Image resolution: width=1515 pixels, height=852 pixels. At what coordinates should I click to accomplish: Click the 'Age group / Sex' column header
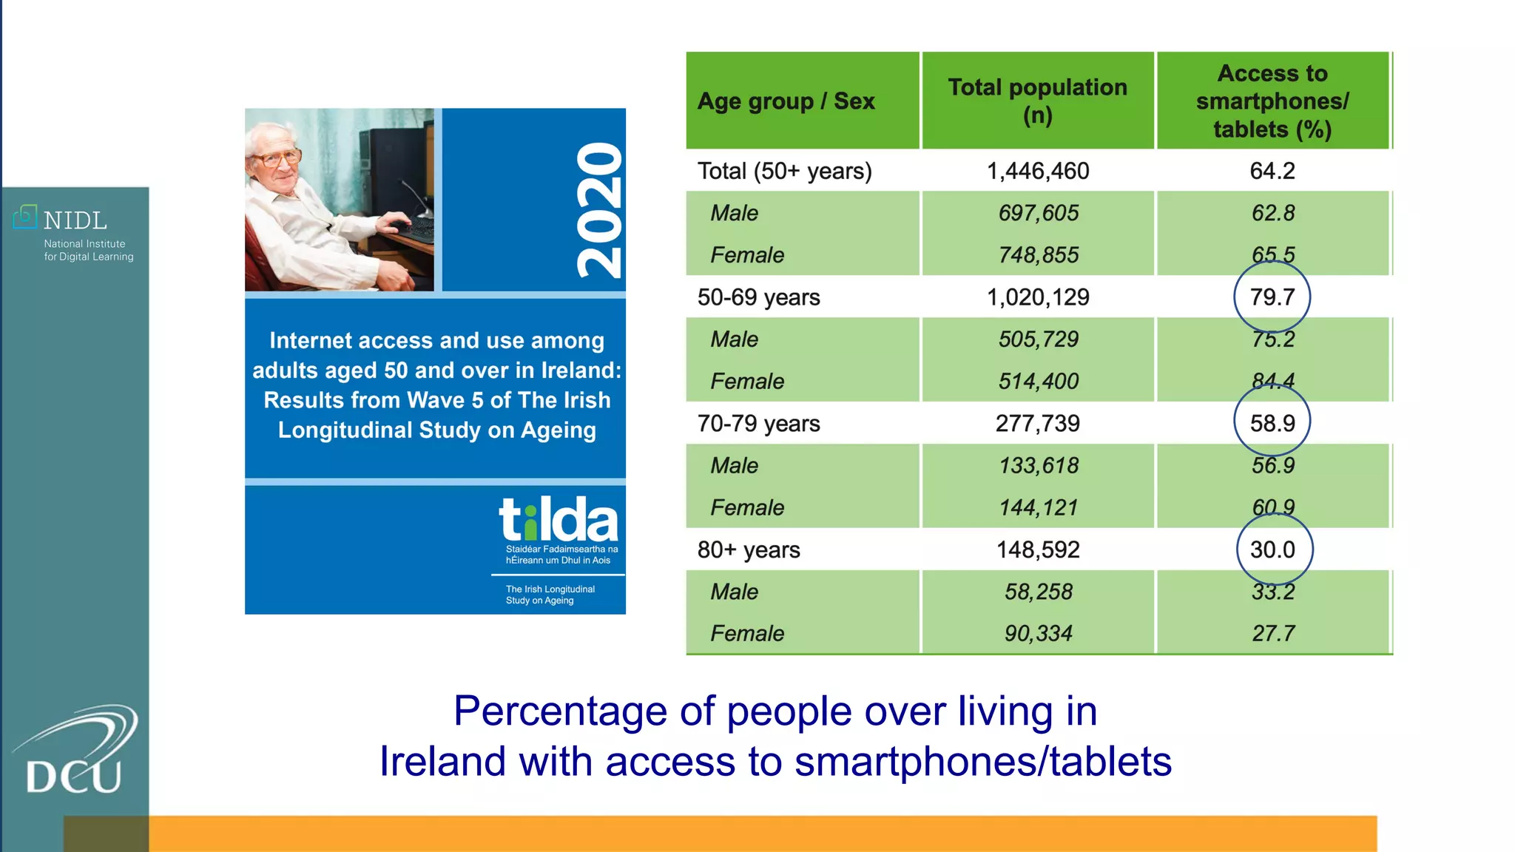786,101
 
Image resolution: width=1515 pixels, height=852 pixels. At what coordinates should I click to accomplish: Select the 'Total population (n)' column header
1037,101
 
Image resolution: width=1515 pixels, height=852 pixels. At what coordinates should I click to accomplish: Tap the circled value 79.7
1272,297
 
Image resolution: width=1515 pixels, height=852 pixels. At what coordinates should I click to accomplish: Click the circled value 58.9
1272,423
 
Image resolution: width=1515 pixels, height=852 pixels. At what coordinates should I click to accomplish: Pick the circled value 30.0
1272,550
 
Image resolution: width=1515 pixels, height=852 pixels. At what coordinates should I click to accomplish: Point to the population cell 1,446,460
1037,171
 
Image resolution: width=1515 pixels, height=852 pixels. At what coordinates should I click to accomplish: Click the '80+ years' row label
748,550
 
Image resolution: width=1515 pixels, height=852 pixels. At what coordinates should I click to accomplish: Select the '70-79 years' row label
758,423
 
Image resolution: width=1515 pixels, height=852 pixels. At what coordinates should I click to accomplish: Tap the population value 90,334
1037,633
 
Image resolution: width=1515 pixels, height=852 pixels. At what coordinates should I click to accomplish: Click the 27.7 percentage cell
1272,633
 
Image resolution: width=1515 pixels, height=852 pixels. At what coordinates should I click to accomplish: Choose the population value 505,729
1037,339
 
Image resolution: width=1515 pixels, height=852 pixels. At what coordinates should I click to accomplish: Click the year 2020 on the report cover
599,210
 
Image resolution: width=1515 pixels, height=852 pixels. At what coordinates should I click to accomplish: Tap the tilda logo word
558,519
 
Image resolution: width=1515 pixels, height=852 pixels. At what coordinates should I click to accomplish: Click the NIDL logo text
75,220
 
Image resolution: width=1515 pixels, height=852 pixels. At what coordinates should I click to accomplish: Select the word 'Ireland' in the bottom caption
442,762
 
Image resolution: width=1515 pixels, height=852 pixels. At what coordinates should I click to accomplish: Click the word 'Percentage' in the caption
559,711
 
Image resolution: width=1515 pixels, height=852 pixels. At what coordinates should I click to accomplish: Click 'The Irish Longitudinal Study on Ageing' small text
550,595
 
